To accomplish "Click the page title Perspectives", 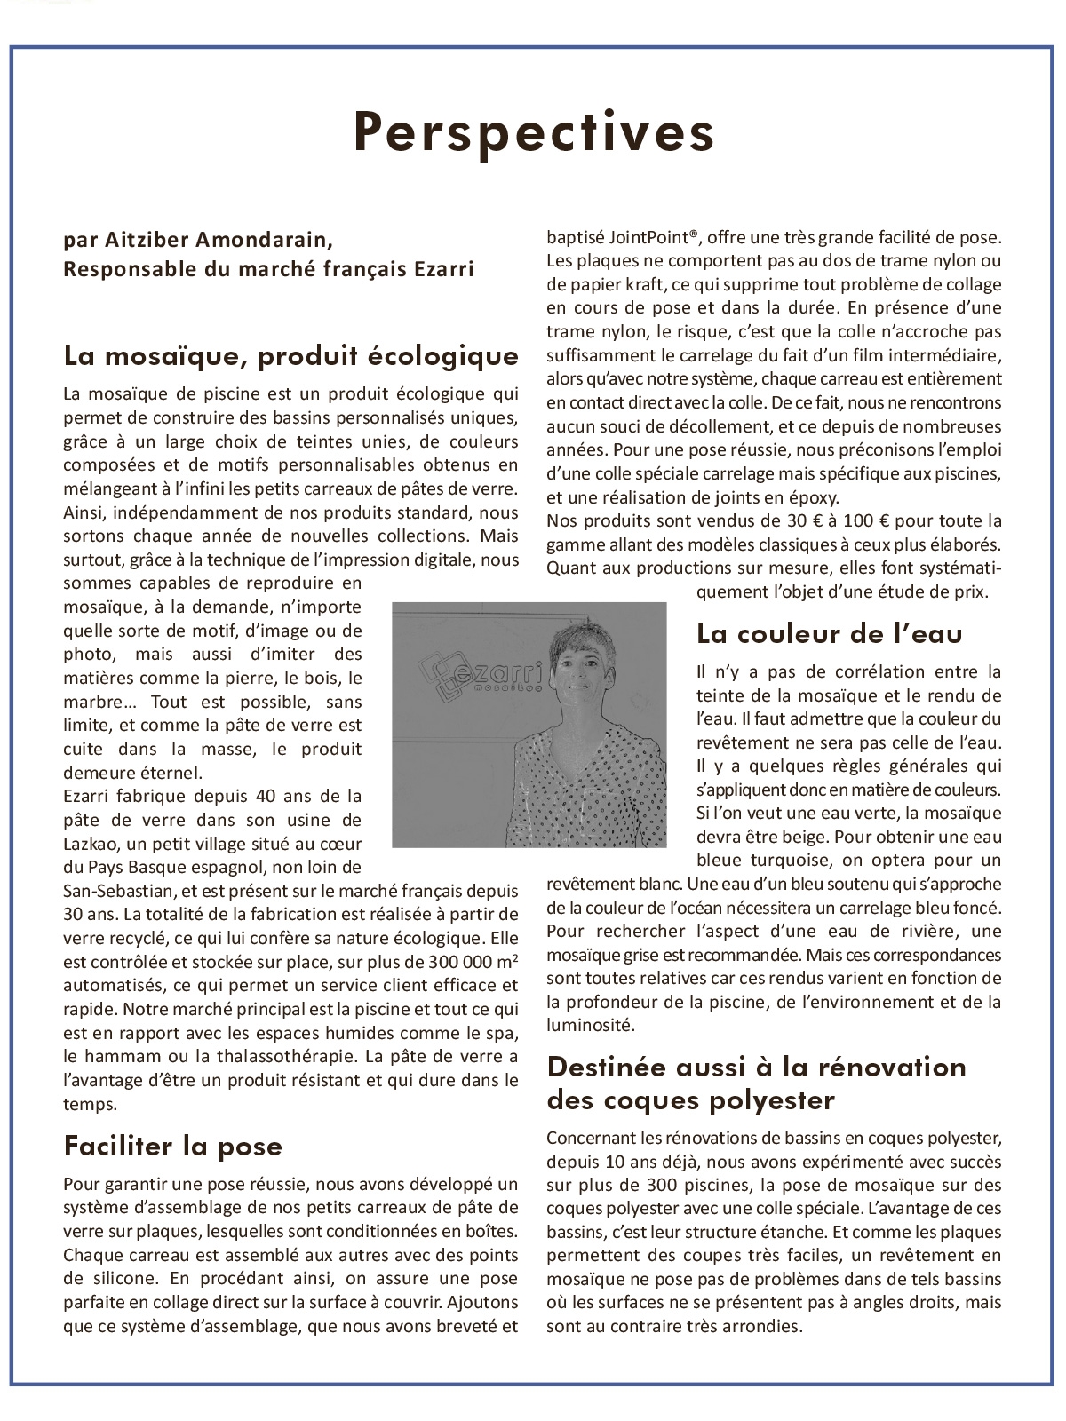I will pos(534,133).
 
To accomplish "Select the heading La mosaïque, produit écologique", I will pos(290,356).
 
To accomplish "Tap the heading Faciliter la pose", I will pos(172,1146).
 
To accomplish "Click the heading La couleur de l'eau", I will pos(829,633).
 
